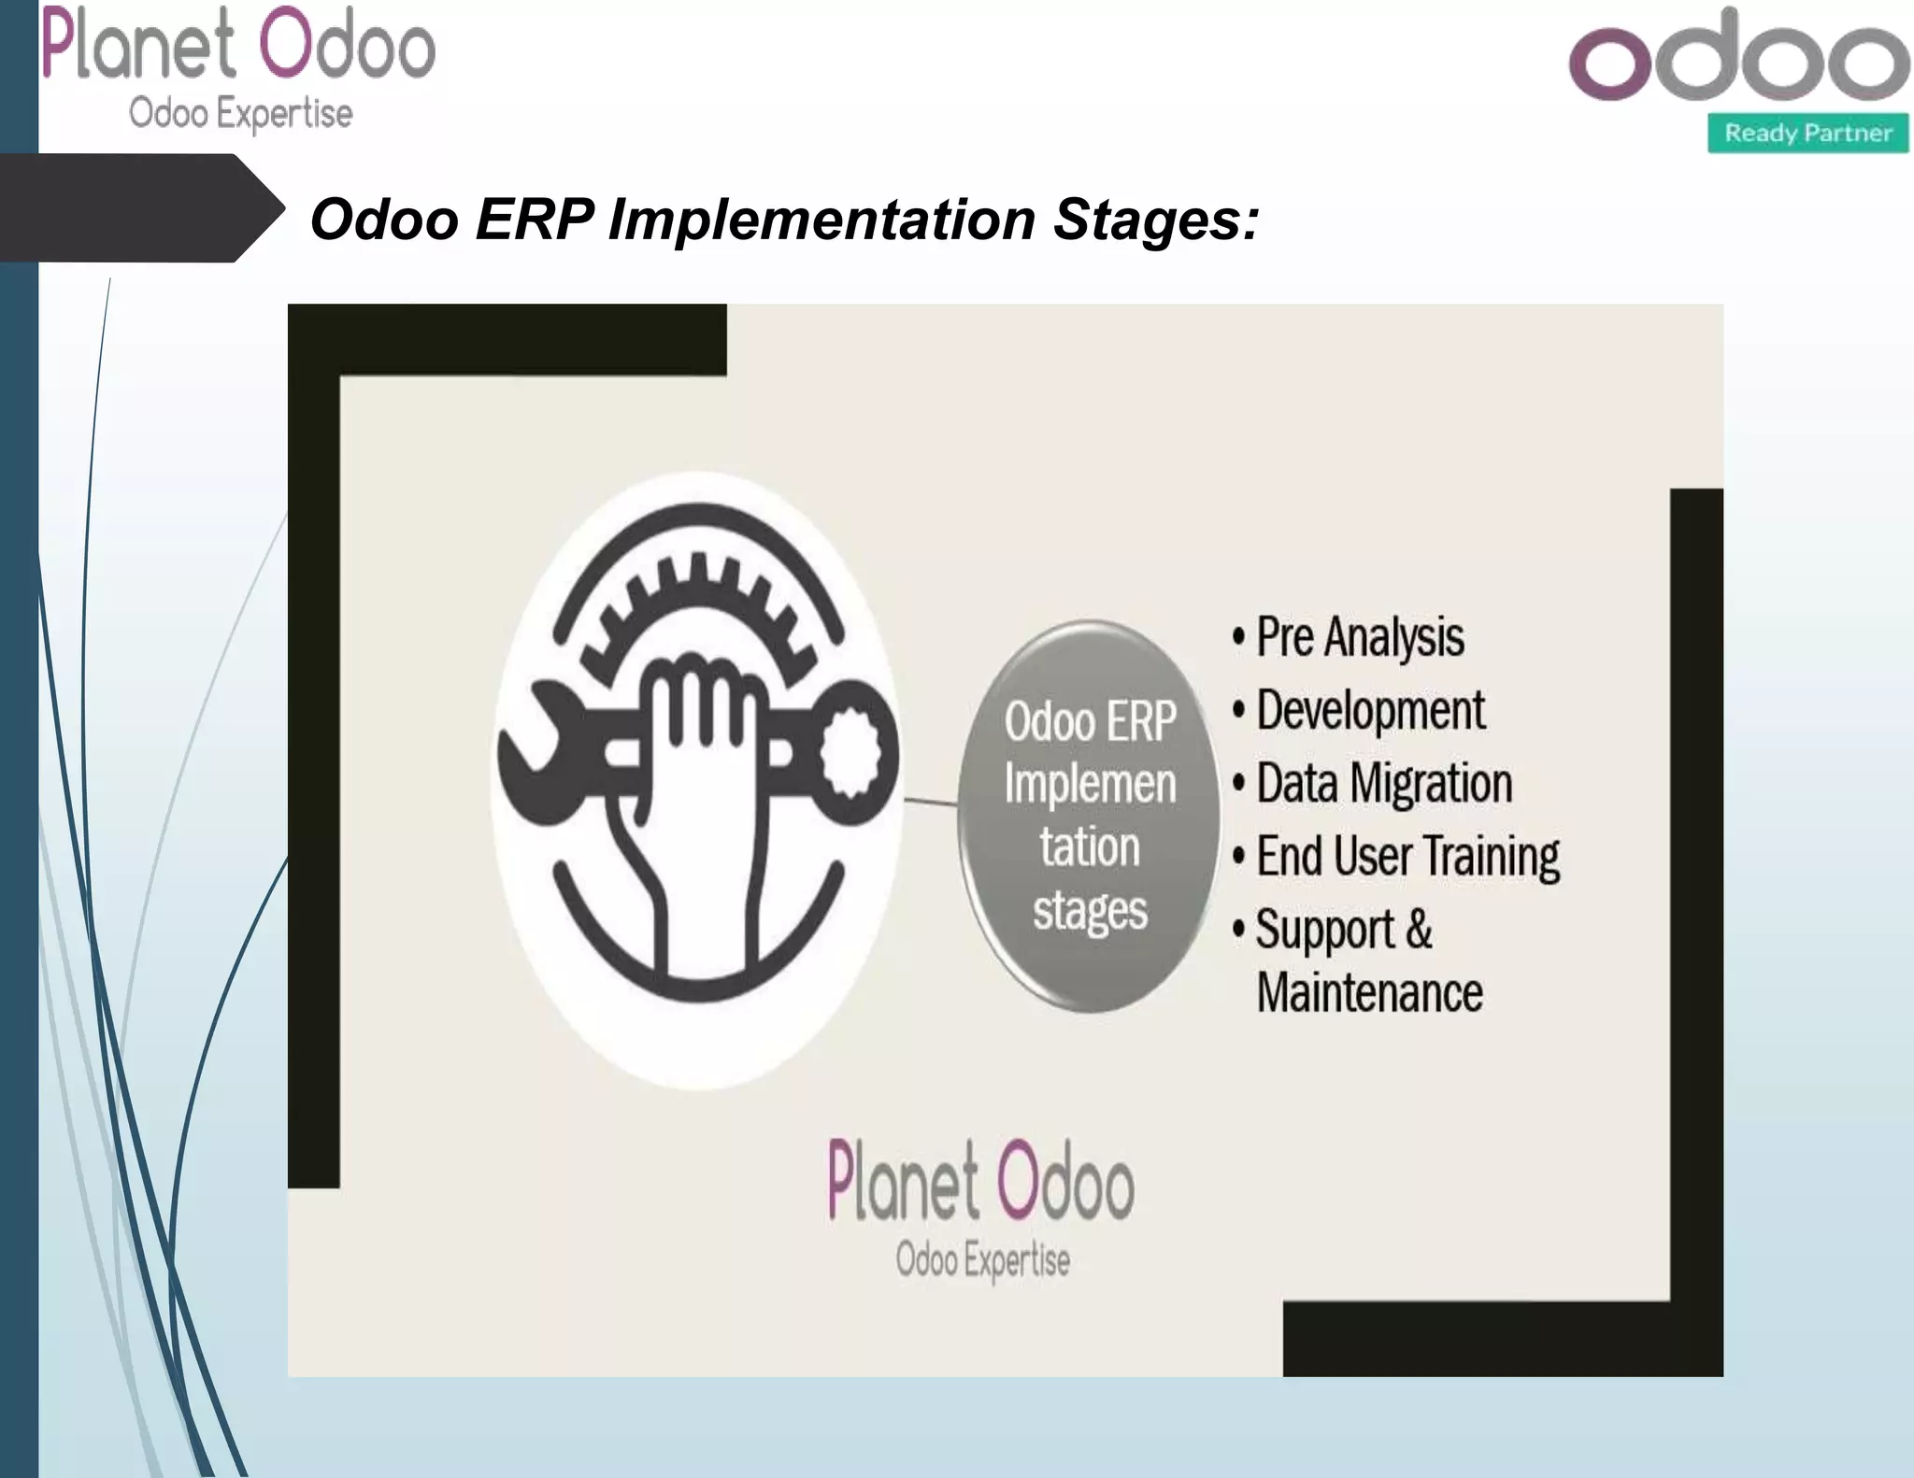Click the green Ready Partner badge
pos(1807,133)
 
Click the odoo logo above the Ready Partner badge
pos(1738,58)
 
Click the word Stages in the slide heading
pos(1156,220)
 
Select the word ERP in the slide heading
pos(534,220)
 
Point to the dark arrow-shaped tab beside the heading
pos(140,207)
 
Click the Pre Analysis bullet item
pos(1359,637)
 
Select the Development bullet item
pos(1369,710)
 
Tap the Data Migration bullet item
pos(1383,783)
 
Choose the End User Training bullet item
pos(1407,856)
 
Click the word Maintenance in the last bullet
pos(1369,992)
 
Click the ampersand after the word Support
pos(1418,929)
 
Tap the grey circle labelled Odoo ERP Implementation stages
pos(1090,816)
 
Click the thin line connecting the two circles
pos(931,801)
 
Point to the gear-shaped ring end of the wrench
pos(850,752)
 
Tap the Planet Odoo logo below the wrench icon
pos(981,1205)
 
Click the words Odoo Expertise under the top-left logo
pos(240,114)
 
